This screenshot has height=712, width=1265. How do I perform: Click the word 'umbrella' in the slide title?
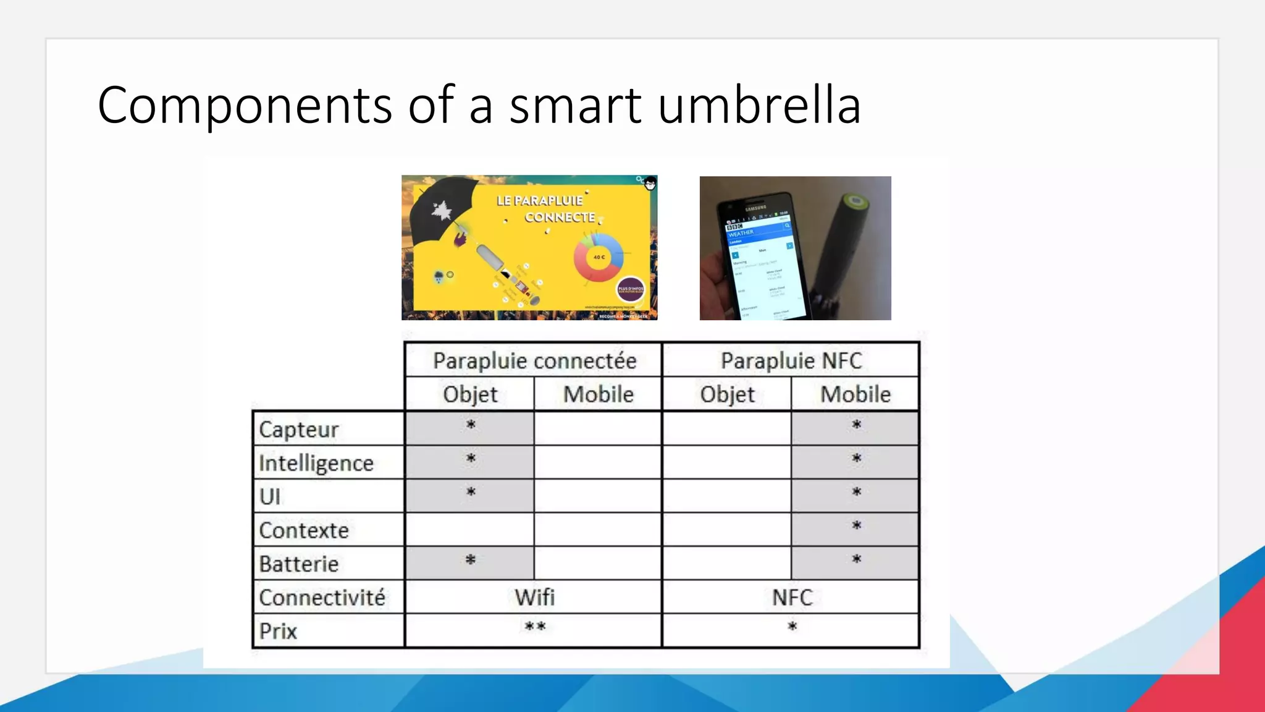point(759,105)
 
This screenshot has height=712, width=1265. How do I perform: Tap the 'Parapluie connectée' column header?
point(534,360)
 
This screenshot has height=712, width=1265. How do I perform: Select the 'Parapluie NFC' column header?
point(791,360)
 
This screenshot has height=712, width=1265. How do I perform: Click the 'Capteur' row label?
point(299,429)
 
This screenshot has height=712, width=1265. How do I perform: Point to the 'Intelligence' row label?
point(316,463)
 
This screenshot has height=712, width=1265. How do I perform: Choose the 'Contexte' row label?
point(304,530)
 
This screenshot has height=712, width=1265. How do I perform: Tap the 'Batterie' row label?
point(299,564)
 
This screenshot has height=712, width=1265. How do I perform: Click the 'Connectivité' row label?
point(322,598)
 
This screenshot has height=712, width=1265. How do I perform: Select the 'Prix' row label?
point(278,631)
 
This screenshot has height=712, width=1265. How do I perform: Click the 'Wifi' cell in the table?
point(535,597)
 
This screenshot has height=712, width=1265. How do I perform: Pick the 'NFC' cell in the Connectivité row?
point(792,597)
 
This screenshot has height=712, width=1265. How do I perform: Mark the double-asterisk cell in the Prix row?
point(535,627)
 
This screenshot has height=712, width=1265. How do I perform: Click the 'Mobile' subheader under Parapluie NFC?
point(855,394)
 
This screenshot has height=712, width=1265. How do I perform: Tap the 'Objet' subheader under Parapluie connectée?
point(470,394)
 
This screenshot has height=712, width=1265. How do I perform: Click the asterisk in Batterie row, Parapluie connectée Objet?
point(471,560)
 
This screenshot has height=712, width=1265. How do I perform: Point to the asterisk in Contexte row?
point(857,526)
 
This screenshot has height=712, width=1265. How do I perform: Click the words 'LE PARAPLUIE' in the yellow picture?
point(540,201)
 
